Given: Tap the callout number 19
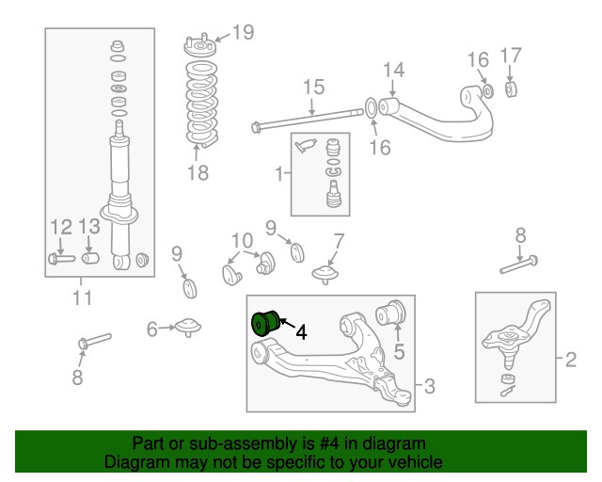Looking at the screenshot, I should [243, 33].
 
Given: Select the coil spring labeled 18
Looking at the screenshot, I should [199, 104].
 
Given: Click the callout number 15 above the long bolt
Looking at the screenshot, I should [313, 88].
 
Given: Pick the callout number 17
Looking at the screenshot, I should [510, 54].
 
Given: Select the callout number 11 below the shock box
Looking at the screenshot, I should [82, 299].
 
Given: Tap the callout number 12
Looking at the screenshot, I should [60, 226].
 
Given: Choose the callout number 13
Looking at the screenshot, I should [89, 226].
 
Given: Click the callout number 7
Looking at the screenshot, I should [338, 240].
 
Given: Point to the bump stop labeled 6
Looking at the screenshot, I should [186, 328].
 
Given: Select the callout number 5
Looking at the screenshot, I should [399, 353].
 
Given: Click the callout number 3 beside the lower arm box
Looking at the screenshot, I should [429, 385].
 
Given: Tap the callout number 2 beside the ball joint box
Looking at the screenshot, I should [571, 359].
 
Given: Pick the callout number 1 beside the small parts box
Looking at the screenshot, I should [279, 173].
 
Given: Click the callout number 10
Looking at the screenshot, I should [242, 240].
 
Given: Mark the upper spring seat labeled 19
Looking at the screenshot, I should [198, 45].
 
